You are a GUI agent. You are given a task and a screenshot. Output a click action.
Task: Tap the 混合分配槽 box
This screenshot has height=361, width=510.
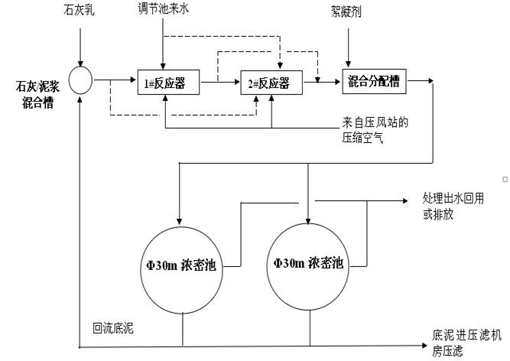coord(374,80)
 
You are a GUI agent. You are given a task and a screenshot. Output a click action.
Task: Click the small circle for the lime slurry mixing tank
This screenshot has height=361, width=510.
coord(80,79)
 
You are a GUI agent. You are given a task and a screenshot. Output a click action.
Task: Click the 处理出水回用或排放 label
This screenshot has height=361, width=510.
coord(454,205)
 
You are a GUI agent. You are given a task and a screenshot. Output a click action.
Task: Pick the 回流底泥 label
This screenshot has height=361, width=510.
coord(112,328)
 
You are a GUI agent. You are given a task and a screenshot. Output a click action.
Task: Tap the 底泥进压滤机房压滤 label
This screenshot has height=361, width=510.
coord(468,343)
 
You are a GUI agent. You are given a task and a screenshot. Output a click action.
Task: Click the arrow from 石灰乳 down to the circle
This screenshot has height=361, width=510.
coord(80,46)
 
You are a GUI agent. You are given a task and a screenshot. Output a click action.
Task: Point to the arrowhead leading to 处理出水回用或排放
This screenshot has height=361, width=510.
coord(403,201)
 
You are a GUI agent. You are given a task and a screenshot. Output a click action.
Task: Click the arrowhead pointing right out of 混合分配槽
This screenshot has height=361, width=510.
coord(432,79)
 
